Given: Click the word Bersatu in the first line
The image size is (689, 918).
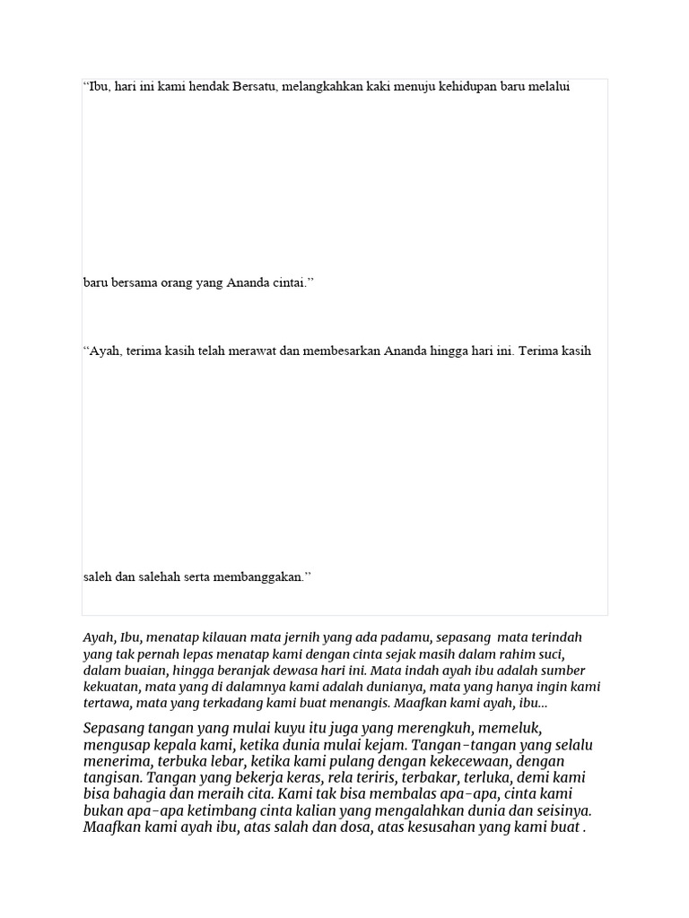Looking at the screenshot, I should tap(255, 87).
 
